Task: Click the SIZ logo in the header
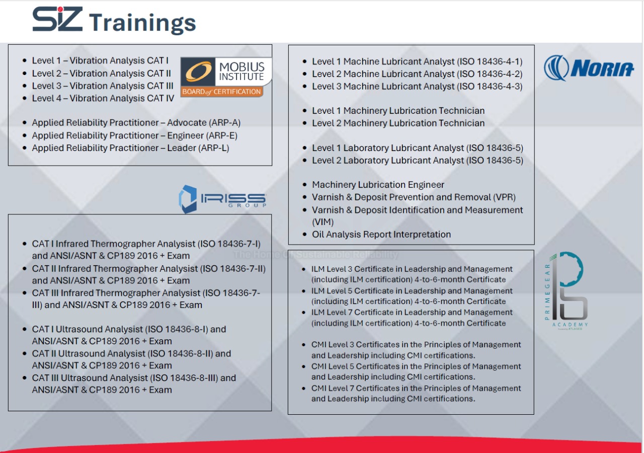tap(57, 19)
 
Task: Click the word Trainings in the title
tap(142, 23)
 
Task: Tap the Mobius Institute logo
tap(226, 77)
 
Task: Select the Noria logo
tap(589, 68)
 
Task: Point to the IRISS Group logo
tap(222, 199)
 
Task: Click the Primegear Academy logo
tap(567, 291)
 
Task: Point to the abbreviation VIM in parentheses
tap(323, 222)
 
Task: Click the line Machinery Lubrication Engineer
tap(378, 185)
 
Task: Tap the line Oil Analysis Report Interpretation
tap(381, 235)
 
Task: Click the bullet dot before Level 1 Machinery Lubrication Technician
tap(304, 111)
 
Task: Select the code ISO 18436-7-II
tap(233, 269)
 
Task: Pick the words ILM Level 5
tap(332, 291)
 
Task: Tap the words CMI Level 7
tap(333, 388)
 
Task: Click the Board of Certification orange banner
tap(222, 92)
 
